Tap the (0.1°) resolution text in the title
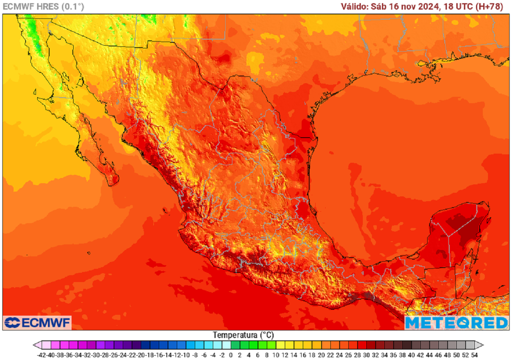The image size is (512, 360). [x=72, y=6]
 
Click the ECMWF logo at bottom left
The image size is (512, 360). [x=37, y=322]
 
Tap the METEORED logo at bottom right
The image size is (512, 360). [x=456, y=322]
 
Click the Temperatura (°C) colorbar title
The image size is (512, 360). [x=243, y=334]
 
